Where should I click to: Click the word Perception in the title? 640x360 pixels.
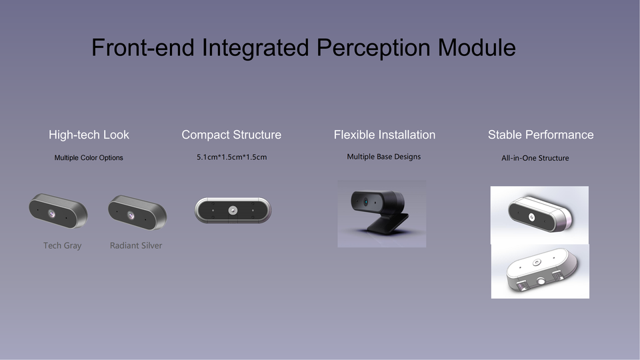pyautogui.click(x=373, y=48)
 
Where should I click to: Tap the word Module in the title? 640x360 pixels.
pyautogui.click(x=477, y=47)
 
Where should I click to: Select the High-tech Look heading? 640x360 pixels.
pyautogui.click(x=89, y=135)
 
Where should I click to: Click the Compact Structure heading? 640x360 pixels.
pyautogui.click(x=231, y=135)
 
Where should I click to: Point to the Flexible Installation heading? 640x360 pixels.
pyautogui.click(x=385, y=135)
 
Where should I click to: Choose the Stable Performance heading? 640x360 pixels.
pyautogui.click(x=541, y=135)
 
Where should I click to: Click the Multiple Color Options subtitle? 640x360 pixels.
pyautogui.click(x=89, y=158)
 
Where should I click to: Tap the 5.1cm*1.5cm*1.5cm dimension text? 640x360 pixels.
pyautogui.click(x=232, y=157)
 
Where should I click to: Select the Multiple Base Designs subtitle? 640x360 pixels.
pyautogui.click(x=384, y=157)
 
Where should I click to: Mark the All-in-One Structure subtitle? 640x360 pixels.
pyautogui.click(x=535, y=158)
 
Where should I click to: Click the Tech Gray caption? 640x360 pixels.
pyautogui.click(x=63, y=246)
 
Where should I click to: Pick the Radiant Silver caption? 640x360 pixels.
pyautogui.click(x=136, y=246)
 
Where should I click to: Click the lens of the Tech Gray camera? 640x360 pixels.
pyautogui.click(x=52, y=213)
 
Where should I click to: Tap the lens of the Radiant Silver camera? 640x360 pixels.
pyautogui.click(x=131, y=215)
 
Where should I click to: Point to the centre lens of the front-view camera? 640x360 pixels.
pyautogui.click(x=233, y=211)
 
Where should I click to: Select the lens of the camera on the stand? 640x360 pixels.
pyautogui.click(x=366, y=201)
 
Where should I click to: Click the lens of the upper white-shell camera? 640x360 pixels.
pyautogui.click(x=532, y=217)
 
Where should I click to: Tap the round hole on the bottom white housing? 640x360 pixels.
pyautogui.click(x=541, y=281)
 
